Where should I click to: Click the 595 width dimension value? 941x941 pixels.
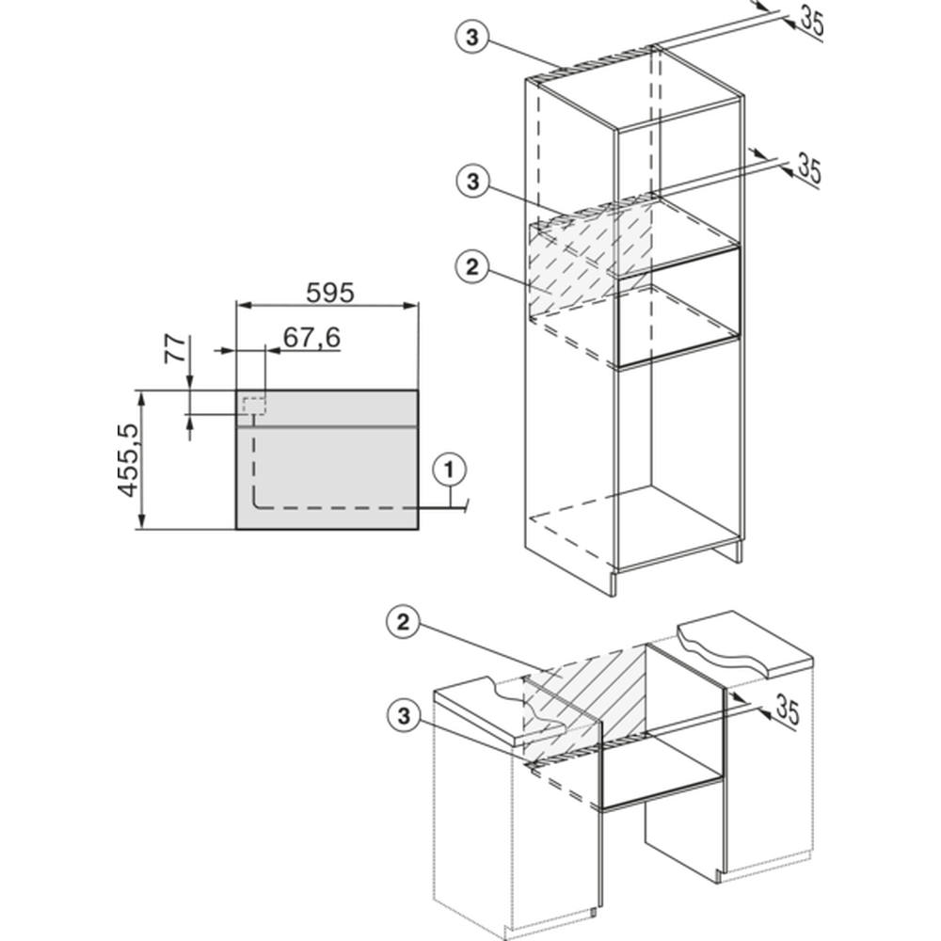[x=330, y=293]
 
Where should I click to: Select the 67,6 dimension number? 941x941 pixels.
[x=311, y=337]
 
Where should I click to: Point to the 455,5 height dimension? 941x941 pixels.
[x=128, y=460]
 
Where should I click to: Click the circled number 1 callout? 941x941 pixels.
[x=450, y=470]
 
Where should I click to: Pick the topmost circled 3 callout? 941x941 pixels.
[x=472, y=38]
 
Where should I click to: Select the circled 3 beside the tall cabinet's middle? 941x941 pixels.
[x=473, y=182]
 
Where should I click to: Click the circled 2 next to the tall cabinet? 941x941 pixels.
[x=473, y=267]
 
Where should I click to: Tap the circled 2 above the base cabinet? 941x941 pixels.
[x=403, y=622]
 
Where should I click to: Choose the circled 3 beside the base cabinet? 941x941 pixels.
[x=404, y=715]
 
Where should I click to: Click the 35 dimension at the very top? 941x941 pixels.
[x=811, y=23]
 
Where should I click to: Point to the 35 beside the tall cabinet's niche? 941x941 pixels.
[x=808, y=168]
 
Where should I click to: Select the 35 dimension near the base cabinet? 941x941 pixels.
[x=788, y=709]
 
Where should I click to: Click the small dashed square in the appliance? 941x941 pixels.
[x=254, y=406]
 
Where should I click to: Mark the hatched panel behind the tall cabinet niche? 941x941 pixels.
[x=591, y=255]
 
